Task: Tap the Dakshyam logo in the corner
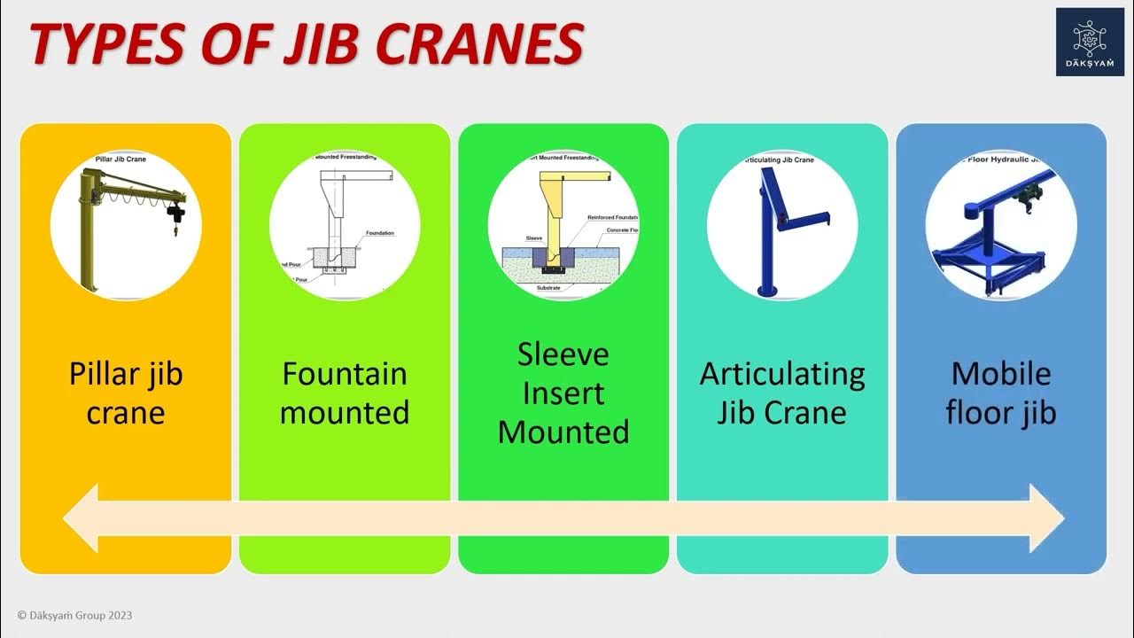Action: (1089, 42)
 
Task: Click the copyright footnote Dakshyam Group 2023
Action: (74, 615)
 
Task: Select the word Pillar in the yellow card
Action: (98, 374)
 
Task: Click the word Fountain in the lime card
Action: (345, 374)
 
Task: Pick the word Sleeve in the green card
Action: (563, 354)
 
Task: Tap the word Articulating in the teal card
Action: (782, 374)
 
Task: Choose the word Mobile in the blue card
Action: (1001, 374)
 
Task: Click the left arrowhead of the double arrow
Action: (80, 517)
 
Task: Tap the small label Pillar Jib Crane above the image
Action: (120, 159)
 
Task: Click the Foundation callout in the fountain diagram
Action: (379, 233)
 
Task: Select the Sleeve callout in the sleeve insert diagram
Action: (533, 238)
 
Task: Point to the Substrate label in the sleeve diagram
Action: (549, 288)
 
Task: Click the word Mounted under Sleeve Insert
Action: (563, 432)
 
